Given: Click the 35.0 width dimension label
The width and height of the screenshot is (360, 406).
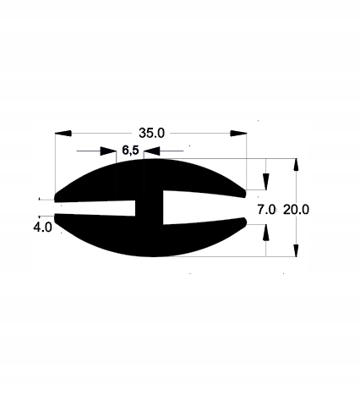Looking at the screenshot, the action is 151,133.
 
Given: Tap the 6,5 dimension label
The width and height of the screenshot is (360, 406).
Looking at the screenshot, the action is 130,151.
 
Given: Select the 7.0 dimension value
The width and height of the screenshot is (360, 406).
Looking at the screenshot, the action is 266,210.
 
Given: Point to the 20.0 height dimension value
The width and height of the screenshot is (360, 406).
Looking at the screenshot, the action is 296,210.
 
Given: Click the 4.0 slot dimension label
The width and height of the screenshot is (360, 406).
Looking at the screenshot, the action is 42,227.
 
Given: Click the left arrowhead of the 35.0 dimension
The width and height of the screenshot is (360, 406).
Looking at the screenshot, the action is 63,134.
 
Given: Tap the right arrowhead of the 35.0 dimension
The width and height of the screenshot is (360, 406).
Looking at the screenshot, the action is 238,134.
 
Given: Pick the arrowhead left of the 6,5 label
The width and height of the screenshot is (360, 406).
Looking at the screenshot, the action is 108,151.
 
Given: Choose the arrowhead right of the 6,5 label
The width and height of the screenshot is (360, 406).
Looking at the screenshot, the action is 152,151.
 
